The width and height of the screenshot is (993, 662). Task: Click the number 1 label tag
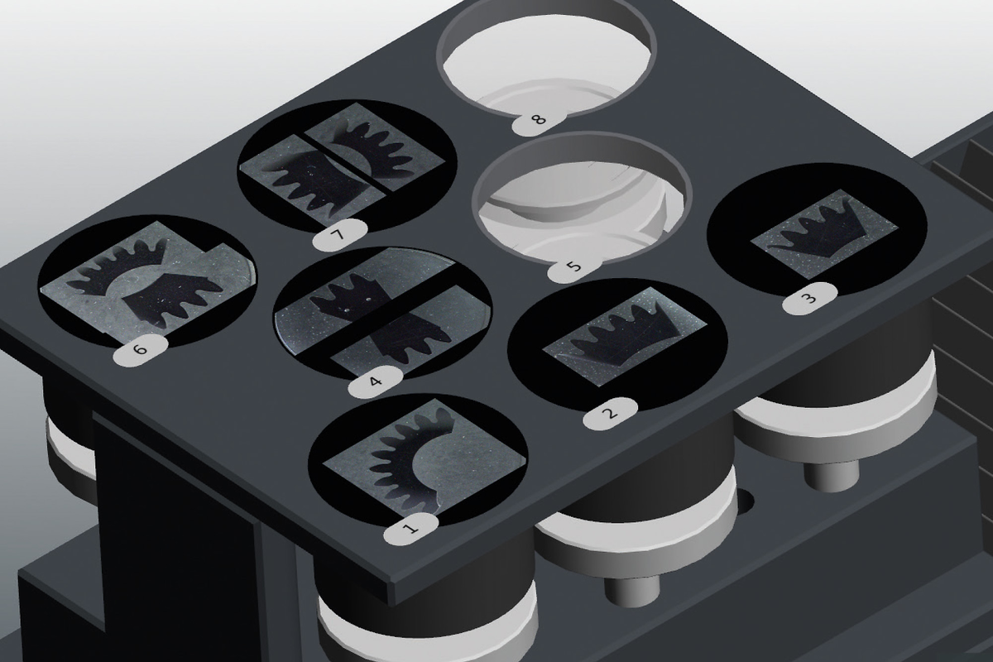tap(410, 528)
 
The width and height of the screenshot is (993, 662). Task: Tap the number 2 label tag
tap(611, 414)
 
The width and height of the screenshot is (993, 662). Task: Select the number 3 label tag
tap(809, 299)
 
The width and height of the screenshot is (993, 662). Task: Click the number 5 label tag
tap(574, 267)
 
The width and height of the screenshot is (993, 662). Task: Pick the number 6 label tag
tap(140, 350)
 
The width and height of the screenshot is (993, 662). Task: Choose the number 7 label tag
tap(339, 234)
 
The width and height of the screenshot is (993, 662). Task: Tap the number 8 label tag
tap(539, 119)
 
